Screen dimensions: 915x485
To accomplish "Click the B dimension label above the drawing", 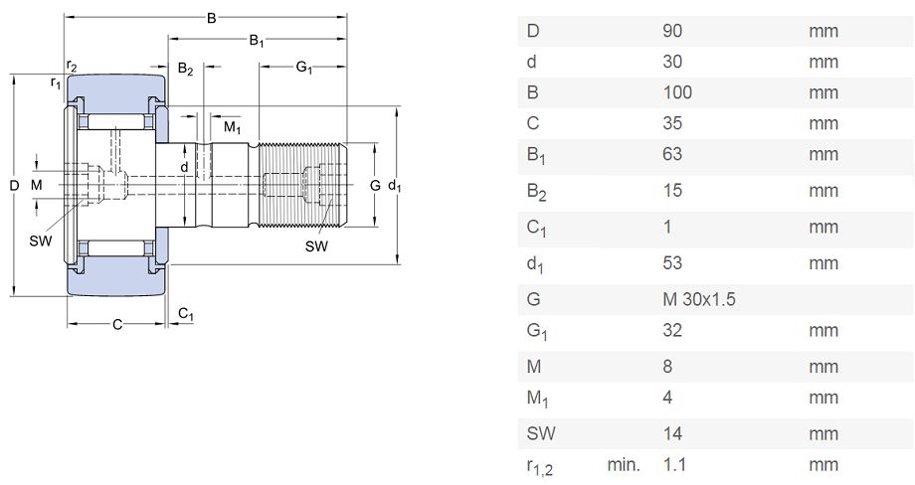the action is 211,18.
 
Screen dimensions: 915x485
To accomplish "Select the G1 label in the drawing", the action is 304,68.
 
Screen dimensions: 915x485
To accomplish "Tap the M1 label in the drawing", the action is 233,127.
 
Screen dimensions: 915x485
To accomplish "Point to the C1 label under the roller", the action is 186,315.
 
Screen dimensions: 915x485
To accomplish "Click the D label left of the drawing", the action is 15,186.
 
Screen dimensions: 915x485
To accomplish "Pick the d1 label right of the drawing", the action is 395,186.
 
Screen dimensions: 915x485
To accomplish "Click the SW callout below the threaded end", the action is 316,246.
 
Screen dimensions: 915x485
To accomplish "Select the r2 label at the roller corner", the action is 72,66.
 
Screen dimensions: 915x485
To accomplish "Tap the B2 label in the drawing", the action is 185,69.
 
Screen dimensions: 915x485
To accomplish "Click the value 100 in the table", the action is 677,92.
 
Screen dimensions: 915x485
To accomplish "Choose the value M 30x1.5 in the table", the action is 699,299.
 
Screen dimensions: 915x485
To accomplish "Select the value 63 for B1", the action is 672,154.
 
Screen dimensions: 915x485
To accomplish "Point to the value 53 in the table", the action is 672,263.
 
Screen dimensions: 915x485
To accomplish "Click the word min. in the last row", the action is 624,464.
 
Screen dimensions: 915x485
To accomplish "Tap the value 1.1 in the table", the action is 674,464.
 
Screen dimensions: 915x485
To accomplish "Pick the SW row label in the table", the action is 541,433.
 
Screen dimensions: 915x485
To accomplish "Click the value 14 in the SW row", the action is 672,433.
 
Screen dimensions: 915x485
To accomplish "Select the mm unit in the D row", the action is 823,31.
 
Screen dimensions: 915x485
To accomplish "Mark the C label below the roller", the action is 117,325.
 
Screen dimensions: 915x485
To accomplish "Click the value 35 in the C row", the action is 672,123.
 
